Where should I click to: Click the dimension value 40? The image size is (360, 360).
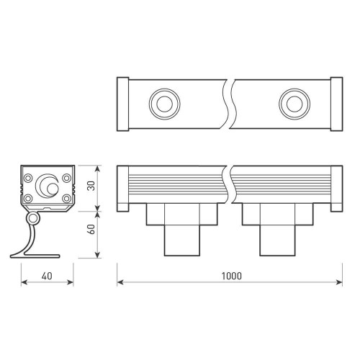point(45,276)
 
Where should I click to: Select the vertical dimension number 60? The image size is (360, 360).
point(89,232)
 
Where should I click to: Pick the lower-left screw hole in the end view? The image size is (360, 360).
point(27,198)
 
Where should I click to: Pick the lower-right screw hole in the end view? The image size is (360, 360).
point(66,198)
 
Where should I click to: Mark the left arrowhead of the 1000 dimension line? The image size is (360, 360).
point(121,282)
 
